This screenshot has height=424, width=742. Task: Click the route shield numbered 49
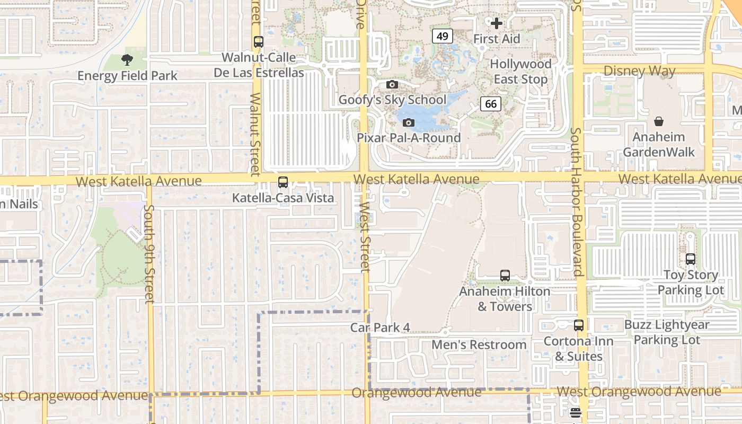442,36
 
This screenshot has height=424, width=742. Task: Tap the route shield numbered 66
491,103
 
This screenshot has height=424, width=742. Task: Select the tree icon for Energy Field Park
127,60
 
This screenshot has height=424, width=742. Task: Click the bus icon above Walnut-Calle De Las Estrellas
259,41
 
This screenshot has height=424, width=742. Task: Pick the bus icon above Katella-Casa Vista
283,182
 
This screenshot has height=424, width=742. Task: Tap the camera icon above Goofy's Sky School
392,84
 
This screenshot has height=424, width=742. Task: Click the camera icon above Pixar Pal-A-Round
408,122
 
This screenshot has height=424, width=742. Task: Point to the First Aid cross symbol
497,23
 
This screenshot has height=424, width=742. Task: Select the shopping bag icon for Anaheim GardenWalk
658,121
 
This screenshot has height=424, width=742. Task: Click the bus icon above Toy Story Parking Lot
691,259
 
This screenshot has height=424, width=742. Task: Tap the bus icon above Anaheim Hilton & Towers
505,276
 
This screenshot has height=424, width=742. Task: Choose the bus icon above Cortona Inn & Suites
579,325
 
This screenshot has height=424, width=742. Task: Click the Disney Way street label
639,70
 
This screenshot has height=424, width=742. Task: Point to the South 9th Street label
149,254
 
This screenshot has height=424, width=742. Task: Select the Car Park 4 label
380,328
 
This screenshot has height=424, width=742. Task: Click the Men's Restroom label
479,344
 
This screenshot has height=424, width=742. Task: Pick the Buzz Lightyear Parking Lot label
667,332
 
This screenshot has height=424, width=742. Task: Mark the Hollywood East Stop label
520,72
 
